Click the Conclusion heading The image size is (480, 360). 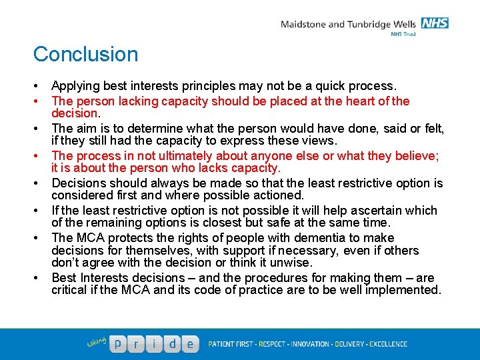[x=85, y=54]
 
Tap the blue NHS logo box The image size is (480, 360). [x=435, y=23]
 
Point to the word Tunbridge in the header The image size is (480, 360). [x=371, y=25]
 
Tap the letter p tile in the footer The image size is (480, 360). [x=117, y=345]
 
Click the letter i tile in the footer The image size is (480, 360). [x=155, y=345]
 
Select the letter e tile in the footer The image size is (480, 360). [x=191, y=345]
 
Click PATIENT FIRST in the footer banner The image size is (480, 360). [x=231, y=345]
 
